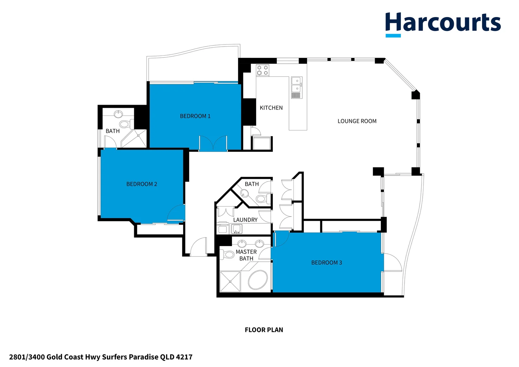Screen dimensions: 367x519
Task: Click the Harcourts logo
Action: coord(443,23)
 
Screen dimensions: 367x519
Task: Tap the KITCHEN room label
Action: coord(271,108)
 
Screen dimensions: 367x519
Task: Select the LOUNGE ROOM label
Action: coord(357,121)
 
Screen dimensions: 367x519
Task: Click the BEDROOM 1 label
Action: coord(195,116)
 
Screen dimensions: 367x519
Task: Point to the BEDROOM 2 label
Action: coord(142,184)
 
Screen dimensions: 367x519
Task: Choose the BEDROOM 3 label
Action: coord(326,263)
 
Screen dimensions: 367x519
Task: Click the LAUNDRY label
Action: coord(245,220)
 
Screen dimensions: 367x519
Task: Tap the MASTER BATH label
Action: coord(246,255)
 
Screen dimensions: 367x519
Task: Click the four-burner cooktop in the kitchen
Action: coord(262,70)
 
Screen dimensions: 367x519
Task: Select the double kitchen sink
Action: coord(296,85)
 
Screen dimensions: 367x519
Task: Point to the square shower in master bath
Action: coord(230,281)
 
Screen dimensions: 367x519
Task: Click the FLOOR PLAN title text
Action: coord(264,330)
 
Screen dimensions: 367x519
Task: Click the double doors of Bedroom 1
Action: coord(213,143)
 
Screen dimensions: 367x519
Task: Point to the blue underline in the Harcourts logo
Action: coord(393,35)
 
